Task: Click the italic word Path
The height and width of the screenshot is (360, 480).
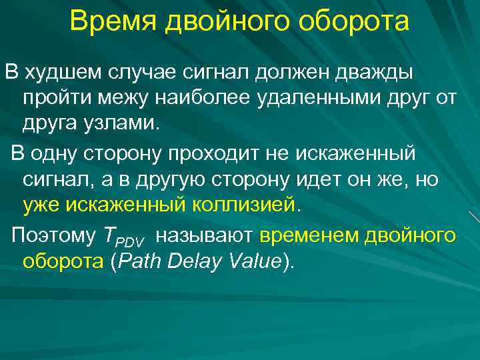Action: click(141, 262)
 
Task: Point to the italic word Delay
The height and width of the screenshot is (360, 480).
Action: click(197, 262)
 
